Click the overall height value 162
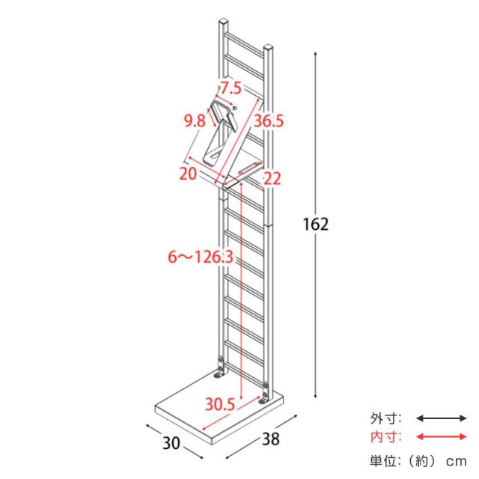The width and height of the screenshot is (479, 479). pos(316,224)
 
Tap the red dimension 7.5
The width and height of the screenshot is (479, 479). pos(231,88)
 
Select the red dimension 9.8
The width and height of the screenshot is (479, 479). pos(195,121)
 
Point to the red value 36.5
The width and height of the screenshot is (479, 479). pos(269,121)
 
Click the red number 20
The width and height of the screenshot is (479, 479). pos(188,174)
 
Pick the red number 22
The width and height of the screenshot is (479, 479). pos(272,178)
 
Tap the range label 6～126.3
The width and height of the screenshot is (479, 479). pos(201,257)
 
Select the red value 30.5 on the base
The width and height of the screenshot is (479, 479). pos(220,404)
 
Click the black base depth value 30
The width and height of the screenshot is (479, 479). pos(171,443)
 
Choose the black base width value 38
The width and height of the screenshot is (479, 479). pos(271,439)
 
